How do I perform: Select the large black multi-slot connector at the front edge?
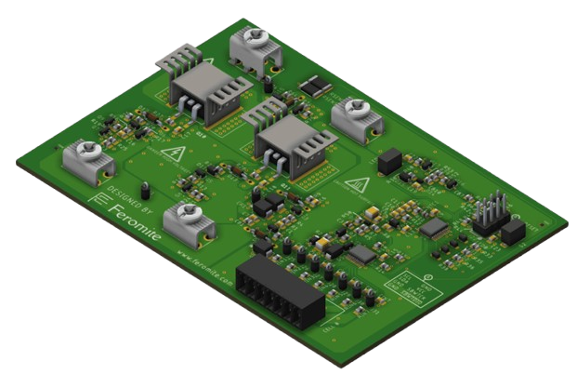click(280, 291)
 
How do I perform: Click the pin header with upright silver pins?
click(489, 216)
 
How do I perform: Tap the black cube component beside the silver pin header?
click(512, 232)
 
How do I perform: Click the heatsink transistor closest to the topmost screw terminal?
click(202, 93)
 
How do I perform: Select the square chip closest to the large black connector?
click(361, 253)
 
